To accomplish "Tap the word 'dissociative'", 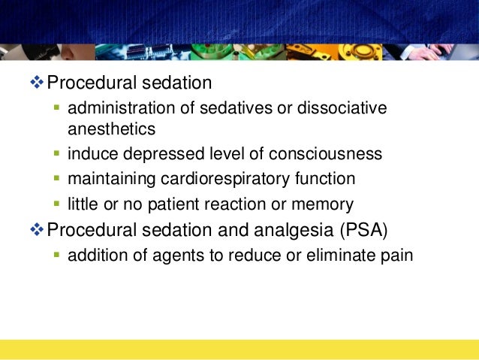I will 343,108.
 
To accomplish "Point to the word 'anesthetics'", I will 111,129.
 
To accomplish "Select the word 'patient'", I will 191,203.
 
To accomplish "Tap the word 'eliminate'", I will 342,255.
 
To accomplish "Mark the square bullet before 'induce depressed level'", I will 57,154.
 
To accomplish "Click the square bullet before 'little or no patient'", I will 57,203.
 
